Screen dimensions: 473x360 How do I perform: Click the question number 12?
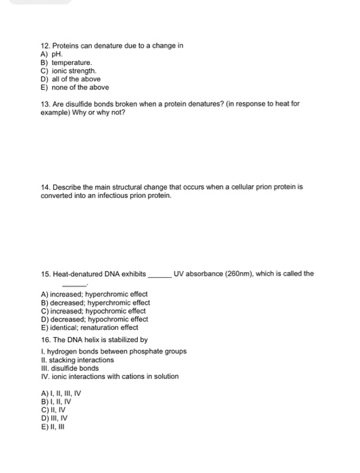[x=46, y=46]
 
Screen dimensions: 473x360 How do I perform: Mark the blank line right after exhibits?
[x=159, y=275]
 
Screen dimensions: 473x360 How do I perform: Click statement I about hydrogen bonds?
[x=113, y=351]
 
